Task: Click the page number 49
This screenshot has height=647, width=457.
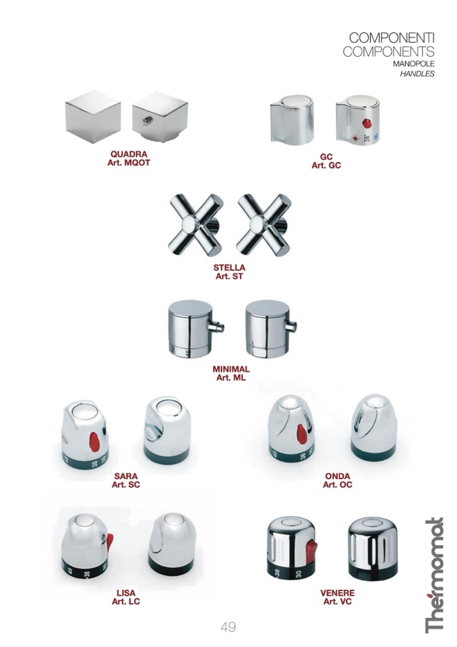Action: click(x=228, y=627)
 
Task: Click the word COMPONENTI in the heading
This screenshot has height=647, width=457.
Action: click(x=392, y=38)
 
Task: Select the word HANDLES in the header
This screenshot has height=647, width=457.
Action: click(x=417, y=74)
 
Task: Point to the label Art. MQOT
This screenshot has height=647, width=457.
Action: click(x=129, y=163)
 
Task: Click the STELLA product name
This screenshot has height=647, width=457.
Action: click(x=229, y=268)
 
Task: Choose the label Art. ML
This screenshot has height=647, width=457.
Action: click(x=231, y=378)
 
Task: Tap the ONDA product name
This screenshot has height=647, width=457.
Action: click(x=338, y=476)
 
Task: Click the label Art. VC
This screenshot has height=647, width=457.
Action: click(x=338, y=602)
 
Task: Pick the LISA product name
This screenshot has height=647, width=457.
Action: click(x=125, y=593)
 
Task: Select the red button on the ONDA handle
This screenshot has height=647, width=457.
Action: click(x=302, y=434)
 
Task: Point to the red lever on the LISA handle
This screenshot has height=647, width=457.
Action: click(x=110, y=542)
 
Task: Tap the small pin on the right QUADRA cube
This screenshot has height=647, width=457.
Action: click(x=148, y=121)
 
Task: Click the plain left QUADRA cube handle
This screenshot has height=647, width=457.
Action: click(x=93, y=116)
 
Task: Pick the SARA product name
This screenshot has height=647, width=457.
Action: click(x=126, y=476)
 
